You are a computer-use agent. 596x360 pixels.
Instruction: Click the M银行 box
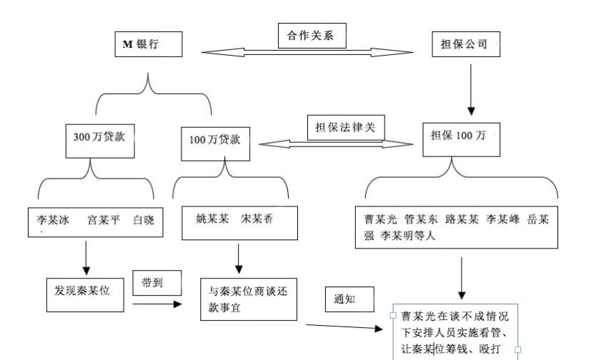148,45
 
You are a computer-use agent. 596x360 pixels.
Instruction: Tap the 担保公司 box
465,44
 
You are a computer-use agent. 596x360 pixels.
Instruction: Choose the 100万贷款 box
215,139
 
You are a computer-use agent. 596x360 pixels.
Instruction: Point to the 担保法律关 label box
344,127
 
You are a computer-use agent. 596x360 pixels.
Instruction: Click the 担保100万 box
462,136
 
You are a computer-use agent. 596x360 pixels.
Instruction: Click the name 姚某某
211,219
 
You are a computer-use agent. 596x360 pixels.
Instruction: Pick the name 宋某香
257,219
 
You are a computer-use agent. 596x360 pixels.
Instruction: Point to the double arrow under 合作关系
308,51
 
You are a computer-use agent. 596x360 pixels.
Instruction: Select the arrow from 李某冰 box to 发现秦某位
86,258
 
